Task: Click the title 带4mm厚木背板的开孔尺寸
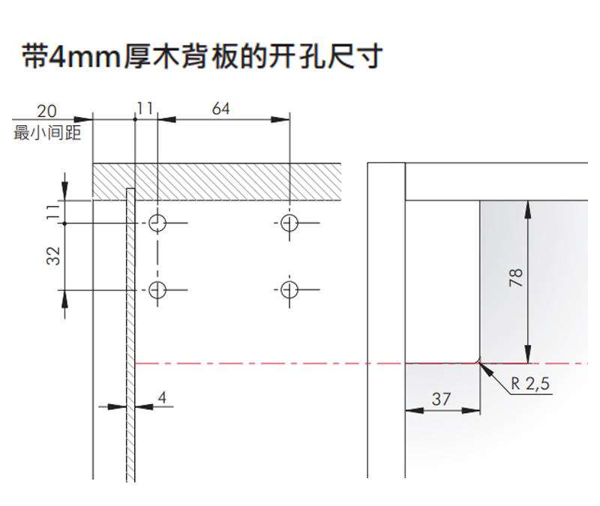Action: coord(202,57)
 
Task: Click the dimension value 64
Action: coord(220,109)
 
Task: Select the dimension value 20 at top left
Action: coord(46,111)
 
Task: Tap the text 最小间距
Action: coord(47,133)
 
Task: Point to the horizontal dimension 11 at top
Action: coord(145,109)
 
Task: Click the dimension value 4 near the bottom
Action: coord(162,397)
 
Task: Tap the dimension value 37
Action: coord(442,399)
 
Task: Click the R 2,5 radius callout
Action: coord(531,385)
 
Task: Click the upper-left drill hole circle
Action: coord(157,223)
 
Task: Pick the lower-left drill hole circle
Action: coord(157,289)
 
